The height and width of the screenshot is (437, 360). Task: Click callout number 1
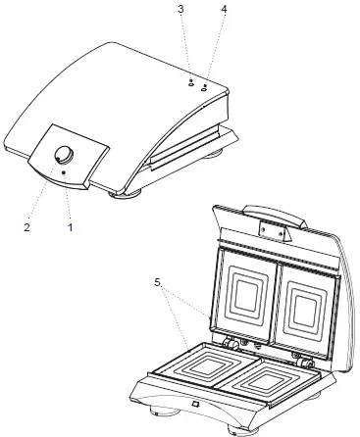pos(71,227)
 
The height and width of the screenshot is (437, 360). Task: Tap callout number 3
pos(180,9)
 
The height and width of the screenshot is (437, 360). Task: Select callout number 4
pos(224,9)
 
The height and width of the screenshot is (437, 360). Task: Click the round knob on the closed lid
pos(65,154)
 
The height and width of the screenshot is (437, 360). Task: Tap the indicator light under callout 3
pos(190,82)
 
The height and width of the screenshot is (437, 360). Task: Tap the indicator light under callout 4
pos(204,86)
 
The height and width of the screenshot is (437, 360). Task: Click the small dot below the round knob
pos(65,172)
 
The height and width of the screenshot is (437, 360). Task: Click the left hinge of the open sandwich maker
pos(233,343)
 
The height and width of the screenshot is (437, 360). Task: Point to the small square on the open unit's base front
pos(195,405)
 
